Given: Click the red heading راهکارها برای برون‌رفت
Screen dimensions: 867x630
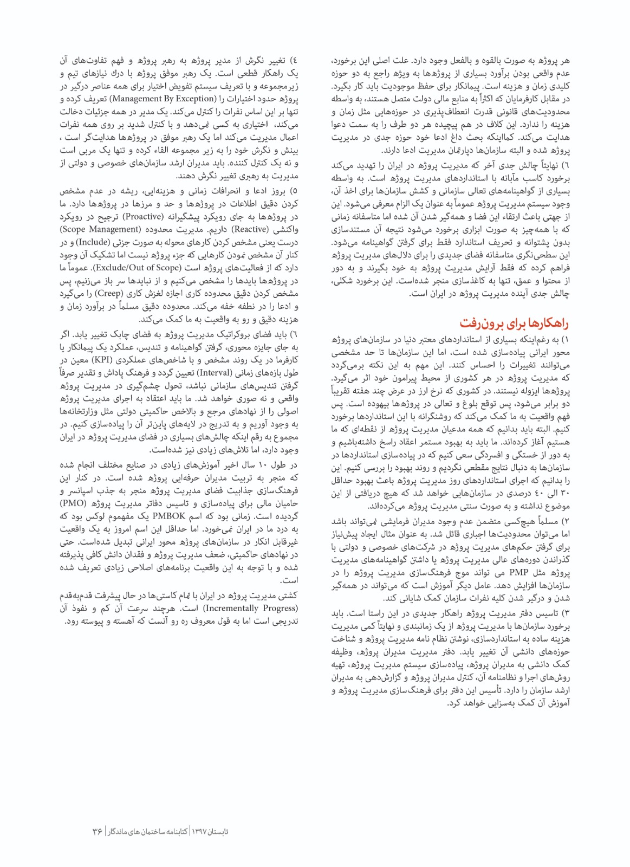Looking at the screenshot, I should (515, 323).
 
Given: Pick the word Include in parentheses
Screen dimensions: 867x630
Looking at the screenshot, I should (93, 242).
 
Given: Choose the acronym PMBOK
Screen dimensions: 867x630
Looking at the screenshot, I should (169, 516).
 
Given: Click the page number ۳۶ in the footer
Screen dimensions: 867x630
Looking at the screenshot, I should (98, 831).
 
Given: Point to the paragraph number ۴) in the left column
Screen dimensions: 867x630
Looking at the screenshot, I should (294, 60).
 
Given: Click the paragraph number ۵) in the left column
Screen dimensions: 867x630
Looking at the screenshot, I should (294, 191).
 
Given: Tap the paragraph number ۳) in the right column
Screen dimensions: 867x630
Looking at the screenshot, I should (566, 613).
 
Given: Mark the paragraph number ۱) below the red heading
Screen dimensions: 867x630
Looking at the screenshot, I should (566, 340).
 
